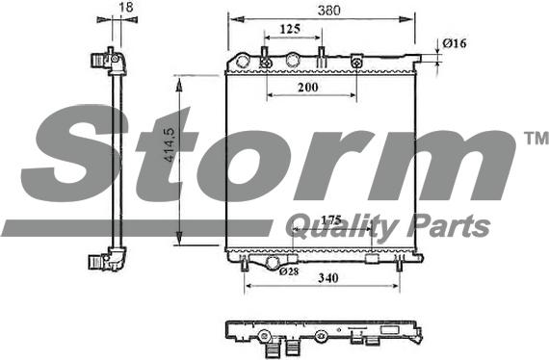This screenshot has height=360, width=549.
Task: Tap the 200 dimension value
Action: (x=307, y=87)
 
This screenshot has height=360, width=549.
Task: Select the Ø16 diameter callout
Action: (x=454, y=42)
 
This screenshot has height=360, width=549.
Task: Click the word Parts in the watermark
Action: (x=451, y=227)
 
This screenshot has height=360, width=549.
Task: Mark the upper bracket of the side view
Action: (x=107, y=62)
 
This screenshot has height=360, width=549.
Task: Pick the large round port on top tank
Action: (x=295, y=62)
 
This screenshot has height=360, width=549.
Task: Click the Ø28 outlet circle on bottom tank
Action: (x=274, y=262)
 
